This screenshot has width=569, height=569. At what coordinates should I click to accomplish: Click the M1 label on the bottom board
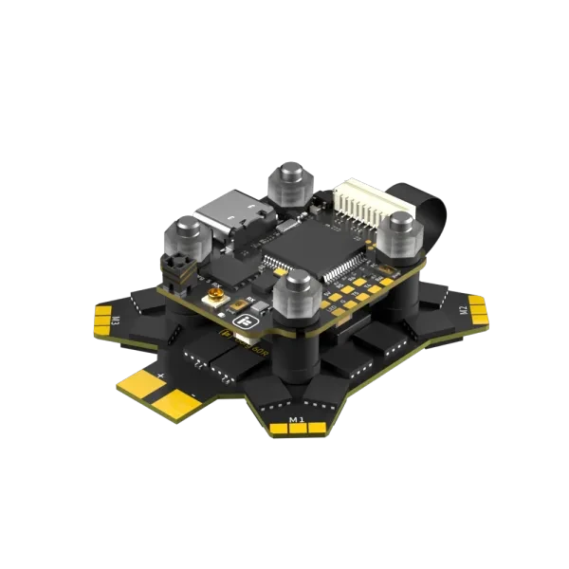pos(296,418)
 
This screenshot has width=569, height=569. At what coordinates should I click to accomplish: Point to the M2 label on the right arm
pos(464,309)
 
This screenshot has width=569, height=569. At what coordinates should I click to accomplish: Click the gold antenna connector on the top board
pos(219,303)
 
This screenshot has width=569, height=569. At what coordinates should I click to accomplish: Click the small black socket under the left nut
pos(177,271)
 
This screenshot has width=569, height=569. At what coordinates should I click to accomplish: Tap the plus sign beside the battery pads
pos(162,376)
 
